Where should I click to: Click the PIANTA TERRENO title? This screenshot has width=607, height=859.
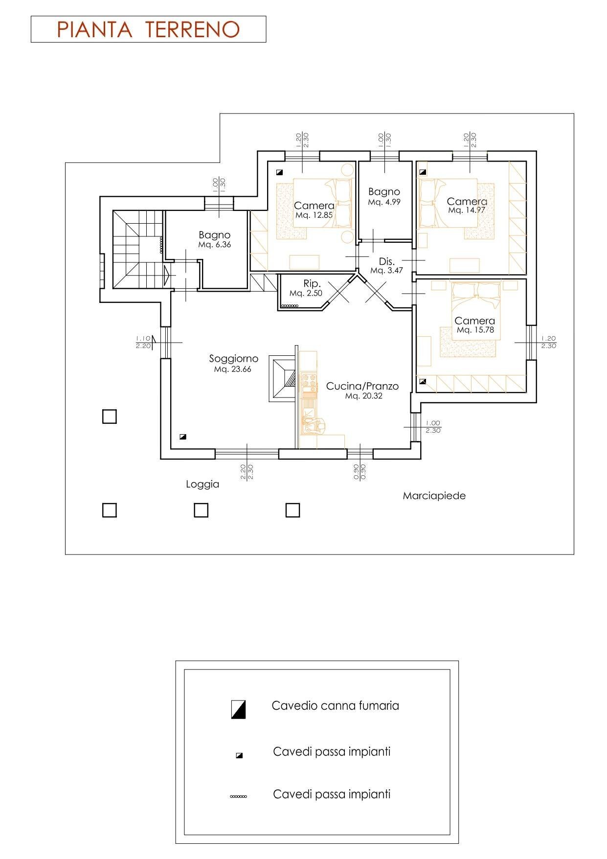148,29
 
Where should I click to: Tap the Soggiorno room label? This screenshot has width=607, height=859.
233,359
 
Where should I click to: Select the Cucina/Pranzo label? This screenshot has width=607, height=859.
362,386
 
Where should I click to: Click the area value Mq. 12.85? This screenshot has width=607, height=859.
314,215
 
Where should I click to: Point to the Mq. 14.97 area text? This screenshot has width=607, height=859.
467,210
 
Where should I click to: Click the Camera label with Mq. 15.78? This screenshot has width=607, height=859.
474,321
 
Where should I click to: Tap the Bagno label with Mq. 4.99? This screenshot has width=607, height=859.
384,192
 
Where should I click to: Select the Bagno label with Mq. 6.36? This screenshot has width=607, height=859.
214,235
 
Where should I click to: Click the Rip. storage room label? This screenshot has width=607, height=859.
312,283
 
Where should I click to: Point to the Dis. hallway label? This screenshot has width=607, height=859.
386,261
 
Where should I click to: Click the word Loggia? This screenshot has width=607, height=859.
202,485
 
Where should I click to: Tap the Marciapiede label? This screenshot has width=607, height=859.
434,496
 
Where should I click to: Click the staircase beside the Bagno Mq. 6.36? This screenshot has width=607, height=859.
138,250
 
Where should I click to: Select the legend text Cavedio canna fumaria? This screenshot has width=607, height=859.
335,706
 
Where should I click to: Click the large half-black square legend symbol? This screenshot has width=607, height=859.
238,709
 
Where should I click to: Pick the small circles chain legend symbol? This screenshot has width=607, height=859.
238,796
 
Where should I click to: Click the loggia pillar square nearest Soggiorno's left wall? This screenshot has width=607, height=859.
109,417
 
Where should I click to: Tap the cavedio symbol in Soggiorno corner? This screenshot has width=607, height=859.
182,437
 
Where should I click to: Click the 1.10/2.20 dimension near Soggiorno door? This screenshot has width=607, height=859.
143,342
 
